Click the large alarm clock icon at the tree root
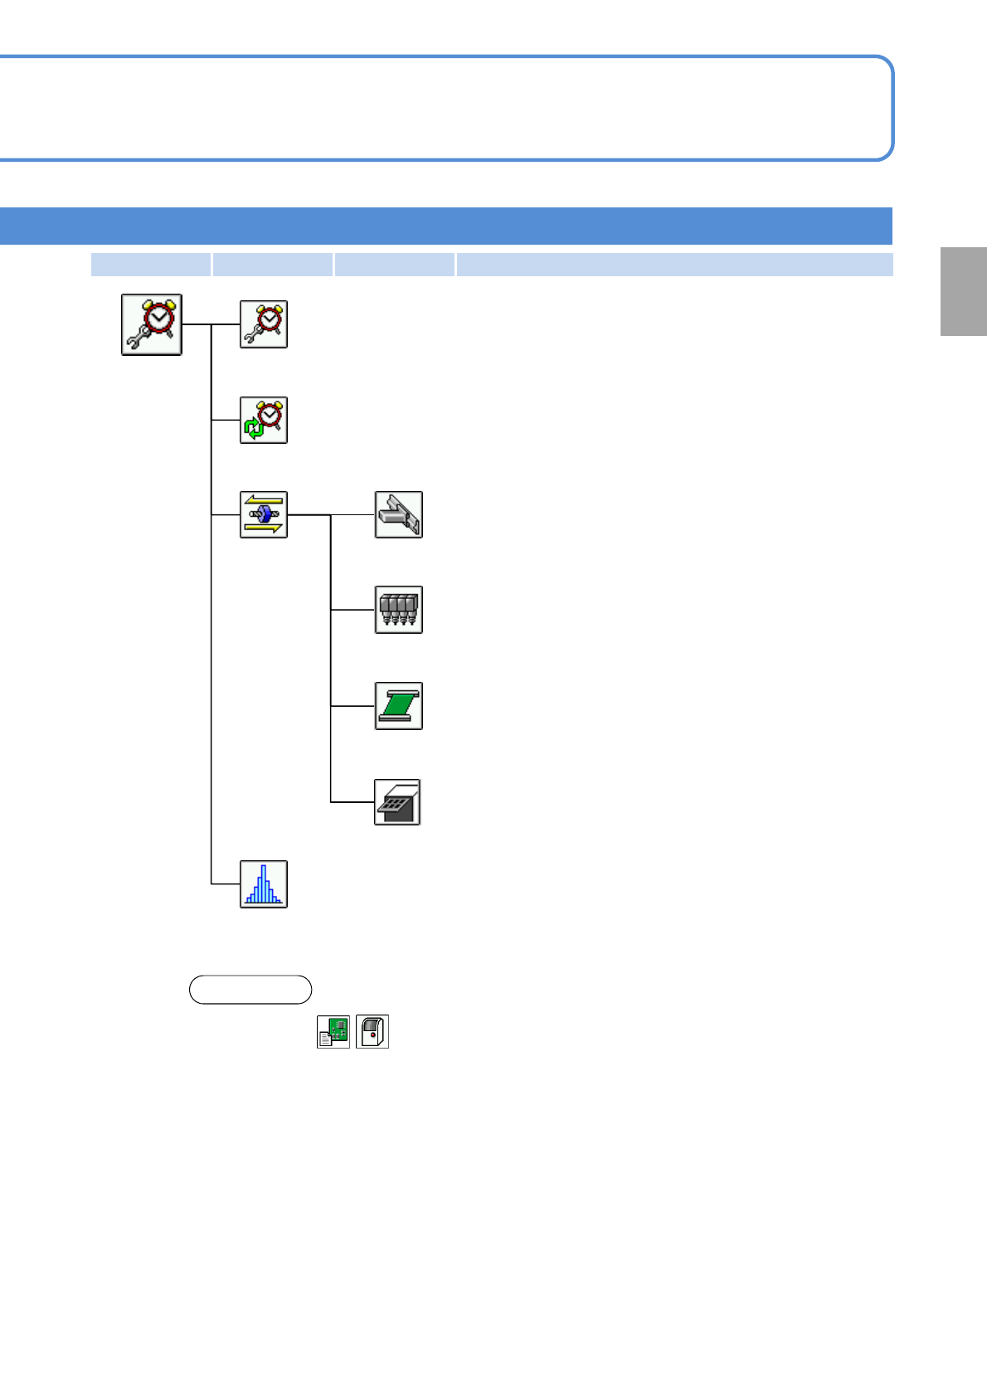[x=152, y=324]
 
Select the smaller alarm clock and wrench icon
[x=264, y=324]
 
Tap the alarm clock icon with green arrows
[x=264, y=420]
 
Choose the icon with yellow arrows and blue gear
[x=264, y=515]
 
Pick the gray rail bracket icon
[x=399, y=515]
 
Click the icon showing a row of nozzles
[x=399, y=610]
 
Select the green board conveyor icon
[x=399, y=706]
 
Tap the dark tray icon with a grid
[x=398, y=802]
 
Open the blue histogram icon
[x=264, y=884]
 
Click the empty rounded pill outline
[x=250, y=990]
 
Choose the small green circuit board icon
[x=333, y=1031]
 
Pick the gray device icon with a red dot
[x=372, y=1031]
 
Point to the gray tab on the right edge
[x=964, y=291]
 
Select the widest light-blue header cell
[x=674, y=265]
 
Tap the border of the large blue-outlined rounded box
[x=448, y=56]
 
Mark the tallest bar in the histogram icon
[x=264, y=883]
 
